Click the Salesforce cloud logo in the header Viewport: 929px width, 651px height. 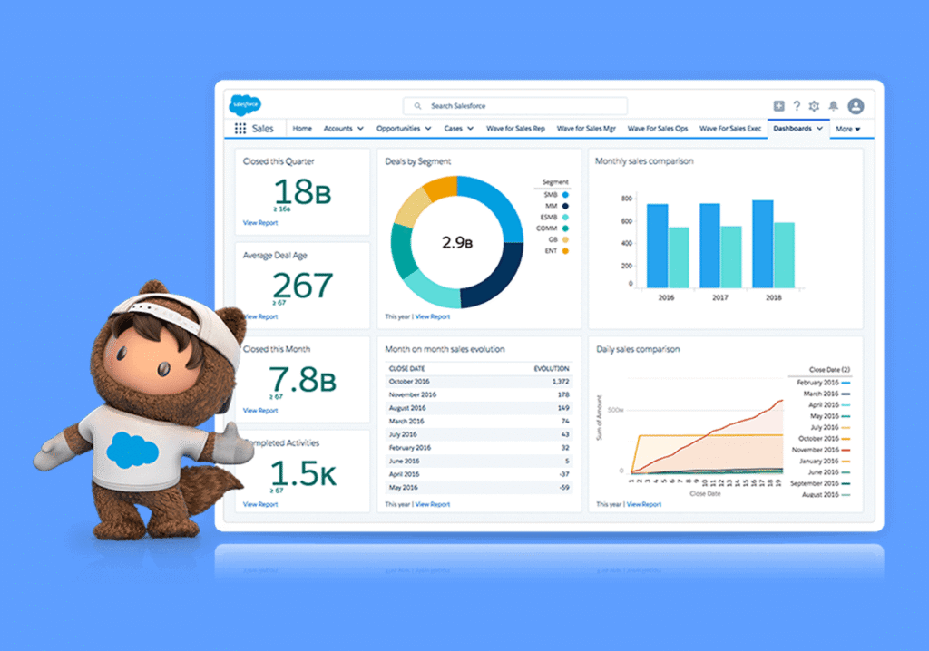pos(245,104)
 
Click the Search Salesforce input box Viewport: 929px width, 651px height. pos(514,106)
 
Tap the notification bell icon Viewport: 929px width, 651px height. pos(833,106)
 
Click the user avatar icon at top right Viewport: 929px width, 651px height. pos(856,106)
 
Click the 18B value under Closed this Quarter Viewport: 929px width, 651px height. pos(302,192)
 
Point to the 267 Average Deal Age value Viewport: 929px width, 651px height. pos(302,286)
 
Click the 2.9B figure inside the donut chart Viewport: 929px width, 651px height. pos(457,242)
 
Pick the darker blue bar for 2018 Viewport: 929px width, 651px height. pos(762,243)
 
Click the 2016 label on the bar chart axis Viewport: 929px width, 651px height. pos(667,297)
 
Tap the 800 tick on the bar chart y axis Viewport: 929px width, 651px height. pos(625,198)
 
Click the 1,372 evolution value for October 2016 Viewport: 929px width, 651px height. pos(559,382)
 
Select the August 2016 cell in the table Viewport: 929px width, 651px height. pos(406,408)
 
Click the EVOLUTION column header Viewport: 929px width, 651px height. pos(552,369)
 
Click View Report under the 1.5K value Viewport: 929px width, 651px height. pos(260,504)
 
